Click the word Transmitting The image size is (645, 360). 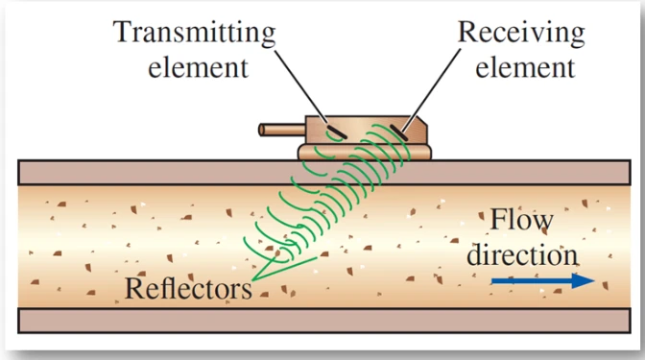point(194,33)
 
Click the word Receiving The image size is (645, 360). point(521,33)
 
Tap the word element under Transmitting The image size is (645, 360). point(198,67)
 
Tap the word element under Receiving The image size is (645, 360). point(525,67)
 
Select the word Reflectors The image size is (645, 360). point(188,288)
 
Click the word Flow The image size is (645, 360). point(521,220)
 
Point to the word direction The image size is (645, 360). point(522,254)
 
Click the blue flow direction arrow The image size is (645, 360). point(543,280)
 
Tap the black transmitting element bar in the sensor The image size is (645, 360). point(337,132)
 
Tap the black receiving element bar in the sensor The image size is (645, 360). point(398,133)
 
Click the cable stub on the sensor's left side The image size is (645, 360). point(282,130)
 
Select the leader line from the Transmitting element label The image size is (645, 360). point(301,86)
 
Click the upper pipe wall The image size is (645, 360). point(324,173)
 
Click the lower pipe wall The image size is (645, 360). point(324,320)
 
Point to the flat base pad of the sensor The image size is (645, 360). point(365,152)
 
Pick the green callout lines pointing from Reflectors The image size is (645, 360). point(284,268)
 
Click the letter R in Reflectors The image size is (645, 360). point(134,288)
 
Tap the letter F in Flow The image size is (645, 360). point(498,220)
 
